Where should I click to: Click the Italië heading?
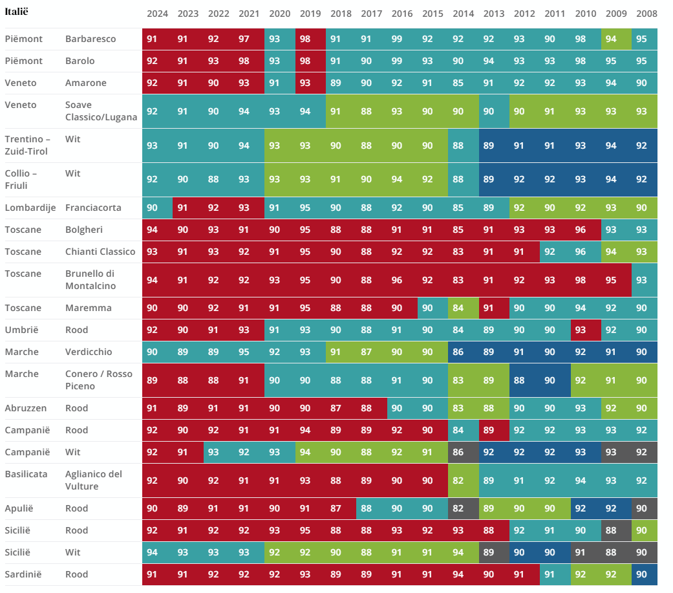pos(16,12)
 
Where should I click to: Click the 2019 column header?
pos(310,14)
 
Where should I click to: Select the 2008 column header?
pos(646,14)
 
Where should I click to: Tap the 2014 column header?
pos(463,14)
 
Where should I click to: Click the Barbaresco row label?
pos(91,39)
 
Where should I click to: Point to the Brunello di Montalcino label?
pos(90,279)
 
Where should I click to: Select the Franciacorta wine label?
pos(93,208)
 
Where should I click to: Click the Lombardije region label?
pos(30,208)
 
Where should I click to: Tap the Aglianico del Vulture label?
pos(94,480)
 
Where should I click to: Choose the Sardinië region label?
pos(23,574)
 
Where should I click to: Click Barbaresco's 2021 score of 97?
pos(244,39)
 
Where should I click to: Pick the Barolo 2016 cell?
pos(396,61)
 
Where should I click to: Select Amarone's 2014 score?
pos(458,83)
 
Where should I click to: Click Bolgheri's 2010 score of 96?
pos(581,230)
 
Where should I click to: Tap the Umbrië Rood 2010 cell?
pos(581,330)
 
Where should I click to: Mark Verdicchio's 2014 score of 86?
pos(458,352)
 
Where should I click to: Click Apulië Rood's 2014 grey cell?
pos(458,508)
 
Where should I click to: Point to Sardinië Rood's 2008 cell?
pos(641,574)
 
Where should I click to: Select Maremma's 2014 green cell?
pos(458,308)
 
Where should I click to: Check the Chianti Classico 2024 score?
pos(152,252)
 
